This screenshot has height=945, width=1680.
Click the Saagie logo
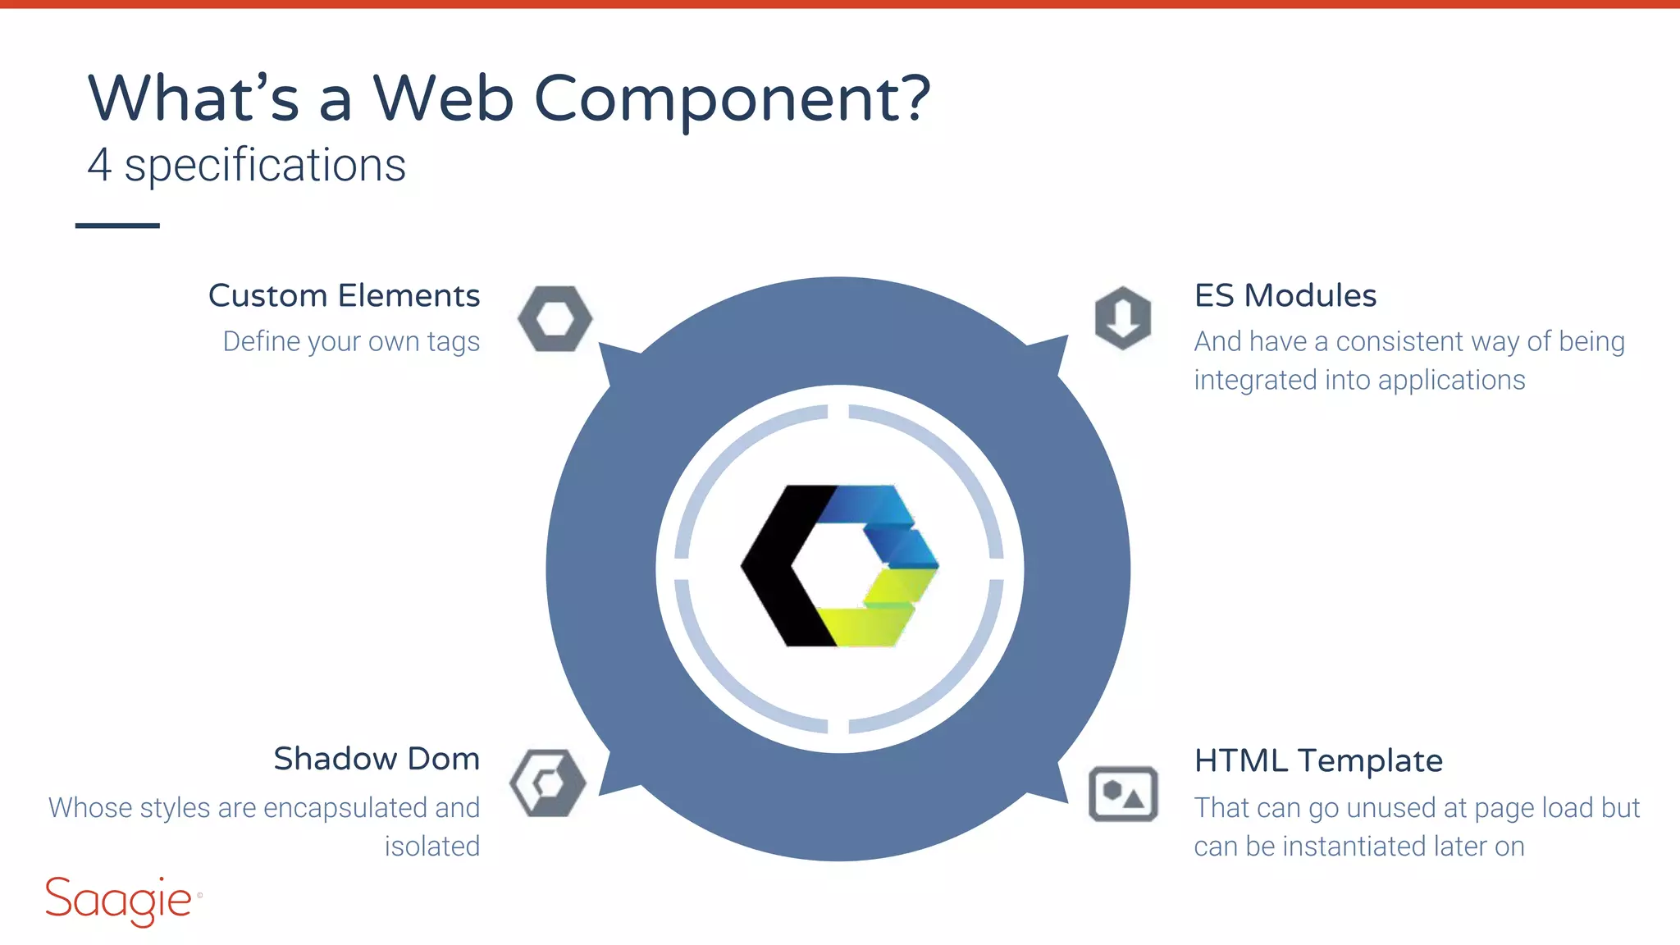point(121,901)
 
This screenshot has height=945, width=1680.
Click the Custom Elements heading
point(344,295)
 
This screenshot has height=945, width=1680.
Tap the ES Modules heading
point(1285,295)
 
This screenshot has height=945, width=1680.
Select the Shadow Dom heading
point(376,759)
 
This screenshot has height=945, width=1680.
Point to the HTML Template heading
point(1317,760)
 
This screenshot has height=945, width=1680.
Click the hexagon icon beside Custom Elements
point(555,318)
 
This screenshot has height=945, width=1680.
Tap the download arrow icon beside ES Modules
point(1123,317)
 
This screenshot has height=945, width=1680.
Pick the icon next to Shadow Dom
point(548,783)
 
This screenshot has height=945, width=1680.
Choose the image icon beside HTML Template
point(1123,793)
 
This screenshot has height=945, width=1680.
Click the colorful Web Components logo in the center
point(839,566)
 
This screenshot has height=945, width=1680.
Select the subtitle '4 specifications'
point(246,166)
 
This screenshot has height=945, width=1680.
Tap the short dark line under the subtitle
point(117,225)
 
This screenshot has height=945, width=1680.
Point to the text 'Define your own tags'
point(351,341)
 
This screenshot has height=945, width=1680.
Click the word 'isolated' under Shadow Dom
point(432,846)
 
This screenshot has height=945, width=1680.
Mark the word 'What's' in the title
point(194,98)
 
